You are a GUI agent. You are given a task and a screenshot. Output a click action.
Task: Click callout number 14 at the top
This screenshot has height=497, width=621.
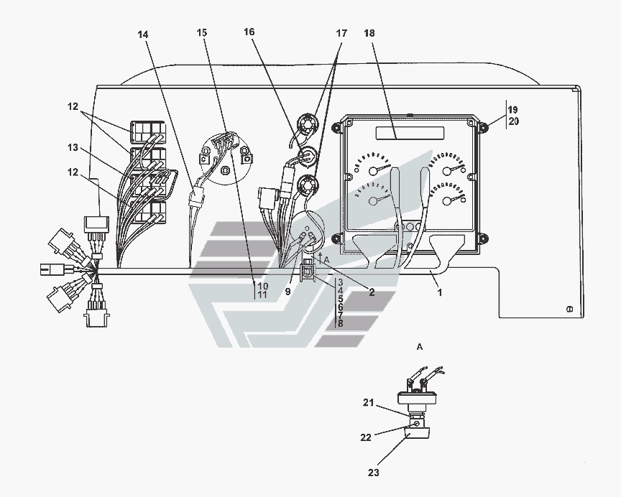pyautogui.click(x=144, y=34)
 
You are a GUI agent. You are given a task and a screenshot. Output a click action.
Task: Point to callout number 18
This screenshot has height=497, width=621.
pyautogui.click(x=368, y=34)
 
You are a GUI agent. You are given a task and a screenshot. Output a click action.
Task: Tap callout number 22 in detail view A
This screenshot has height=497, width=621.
pyautogui.click(x=367, y=437)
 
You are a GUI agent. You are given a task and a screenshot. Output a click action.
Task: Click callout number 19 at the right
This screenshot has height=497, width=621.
pyautogui.click(x=512, y=109)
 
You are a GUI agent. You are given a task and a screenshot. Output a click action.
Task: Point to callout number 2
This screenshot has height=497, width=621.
pyautogui.click(x=372, y=292)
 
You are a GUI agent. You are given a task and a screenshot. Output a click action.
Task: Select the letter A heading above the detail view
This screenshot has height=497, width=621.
pyautogui.click(x=420, y=347)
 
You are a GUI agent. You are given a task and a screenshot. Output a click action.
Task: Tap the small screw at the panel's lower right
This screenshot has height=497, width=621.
pyautogui.click(x=569, y=309)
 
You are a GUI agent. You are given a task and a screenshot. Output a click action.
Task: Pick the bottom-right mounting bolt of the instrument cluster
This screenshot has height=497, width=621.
pyautogui.click(x=482, y=238)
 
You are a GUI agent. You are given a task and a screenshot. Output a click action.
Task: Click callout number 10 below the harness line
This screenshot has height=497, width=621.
pyautogui.click(x=262, y=286)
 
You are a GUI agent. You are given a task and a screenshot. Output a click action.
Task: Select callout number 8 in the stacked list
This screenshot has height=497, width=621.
pyautogui.click(x=340, y=324)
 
